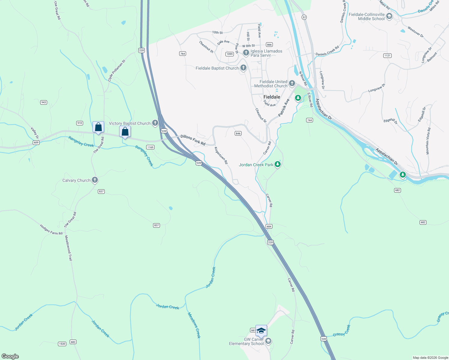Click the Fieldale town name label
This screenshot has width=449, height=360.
click(272, 97)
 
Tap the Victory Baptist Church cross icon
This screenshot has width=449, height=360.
click(155, 123)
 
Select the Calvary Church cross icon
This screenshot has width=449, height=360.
click(95, 180)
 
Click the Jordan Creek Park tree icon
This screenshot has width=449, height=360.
click(278, 164)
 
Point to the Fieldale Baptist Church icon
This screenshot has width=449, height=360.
click(243, 68)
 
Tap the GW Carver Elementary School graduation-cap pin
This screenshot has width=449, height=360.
click(261, 331)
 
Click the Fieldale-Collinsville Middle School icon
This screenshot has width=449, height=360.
click(389, 16)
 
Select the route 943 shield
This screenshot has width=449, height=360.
click(44, 102)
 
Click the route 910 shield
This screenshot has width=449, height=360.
click(80, 123)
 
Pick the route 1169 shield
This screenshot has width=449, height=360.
click(150, 147)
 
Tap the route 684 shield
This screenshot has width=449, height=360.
click(269, 226)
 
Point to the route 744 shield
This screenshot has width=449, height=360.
click(309, 120)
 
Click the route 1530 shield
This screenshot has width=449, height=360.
click(62, 344)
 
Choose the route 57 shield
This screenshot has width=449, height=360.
click(304, 17)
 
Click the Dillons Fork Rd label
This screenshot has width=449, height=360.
click(193, 140)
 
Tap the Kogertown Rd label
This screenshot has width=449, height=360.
click(221, 155)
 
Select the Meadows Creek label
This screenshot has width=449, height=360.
click(194, 325)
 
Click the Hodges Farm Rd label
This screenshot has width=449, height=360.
click(51, 229)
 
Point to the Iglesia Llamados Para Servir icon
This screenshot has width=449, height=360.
click(246, 53)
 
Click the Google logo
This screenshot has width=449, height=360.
click(10, 356)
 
